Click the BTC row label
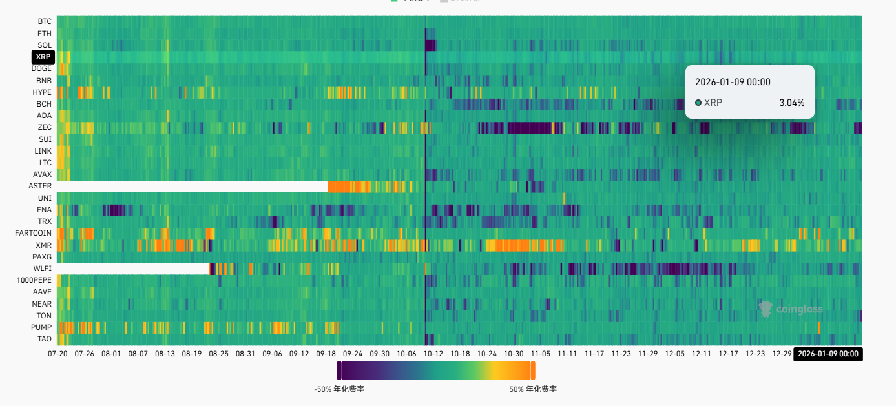pyautogui.click(x=45, y=21)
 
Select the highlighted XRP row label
pyautogui.click(x=43, y=57)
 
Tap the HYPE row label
pyautogui.click(x=41, y=92)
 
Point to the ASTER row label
pyautogui.click(x=40, y=186)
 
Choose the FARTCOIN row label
pyautogui.click(x=33, y=233)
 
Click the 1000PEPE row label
pyautogui.click(x=34, y=280)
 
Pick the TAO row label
pyautogui.click(x=45, y=339)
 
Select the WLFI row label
pyautogui.click(x=42, y=269)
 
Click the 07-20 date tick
pyautogui.click(x=57, y=354)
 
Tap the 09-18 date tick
pyautogui.click(x=326, y=354)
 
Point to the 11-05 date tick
pyautogui.click(x=541, y=354)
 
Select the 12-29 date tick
pyautogui.click(x=782, y=354)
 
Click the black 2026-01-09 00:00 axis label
pyautogui.click(x=829, y=354)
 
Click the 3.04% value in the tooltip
pyautogui.click(x=792, y=103)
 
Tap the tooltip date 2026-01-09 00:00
pyautogui.click(x=733, y=82)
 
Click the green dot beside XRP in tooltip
pyautogui.click(x=698, y=103)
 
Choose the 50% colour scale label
pyautogui.click(x=533, y=389)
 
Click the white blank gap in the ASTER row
pyautogui.click(x=194, y=186)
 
